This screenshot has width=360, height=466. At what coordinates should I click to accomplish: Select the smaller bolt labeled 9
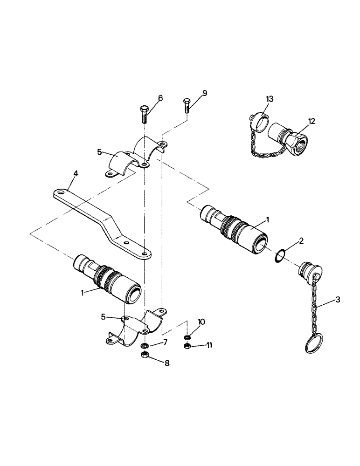187,105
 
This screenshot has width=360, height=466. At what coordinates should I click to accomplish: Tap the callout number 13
270,99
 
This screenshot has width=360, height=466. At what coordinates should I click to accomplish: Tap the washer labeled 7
145,346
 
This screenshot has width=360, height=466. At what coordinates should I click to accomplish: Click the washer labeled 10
187,337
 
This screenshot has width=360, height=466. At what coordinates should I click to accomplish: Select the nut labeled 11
187,346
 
